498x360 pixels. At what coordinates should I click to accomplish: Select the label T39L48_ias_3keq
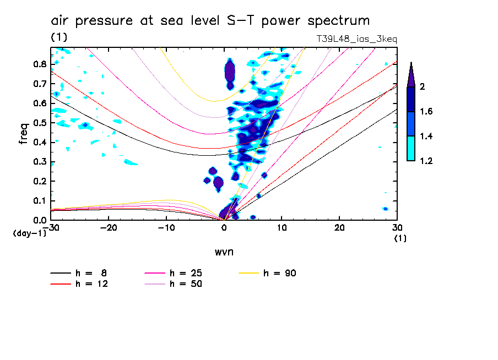pyautogui.click(x=356, y=39)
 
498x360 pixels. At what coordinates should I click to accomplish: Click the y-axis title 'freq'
pyautogui.click(x=23, y=134)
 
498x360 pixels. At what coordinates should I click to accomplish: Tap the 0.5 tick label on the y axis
pyautogui.click(x=39, y=123)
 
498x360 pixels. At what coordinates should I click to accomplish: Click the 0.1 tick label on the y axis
pyautogui.click(x=39, y=201)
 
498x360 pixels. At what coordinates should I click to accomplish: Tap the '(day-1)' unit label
pyautogui.click(x=29, y=233)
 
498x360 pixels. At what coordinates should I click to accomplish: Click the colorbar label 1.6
pyautogui.click(x=426, y=112)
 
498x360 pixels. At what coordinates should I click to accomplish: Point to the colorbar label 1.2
pyautogui.click(x=426, y=161)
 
